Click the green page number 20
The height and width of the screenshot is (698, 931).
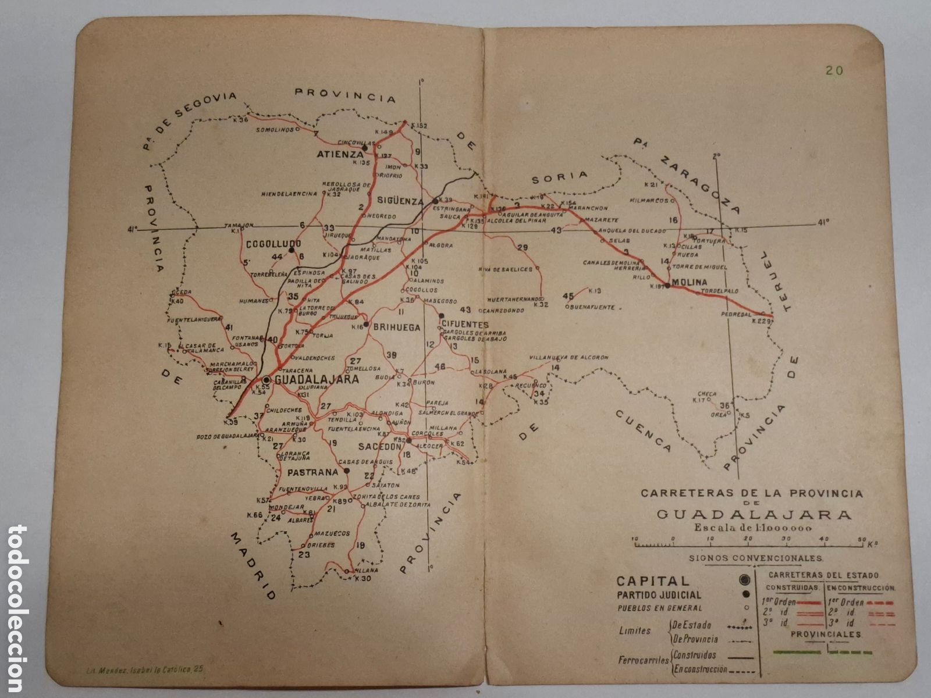[x=834, y=70]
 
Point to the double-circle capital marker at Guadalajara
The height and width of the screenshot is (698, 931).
[x=266, y=379]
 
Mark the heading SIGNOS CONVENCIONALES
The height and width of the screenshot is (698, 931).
[x=756, y=557]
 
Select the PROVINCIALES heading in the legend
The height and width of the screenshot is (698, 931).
[x=826, y=635]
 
